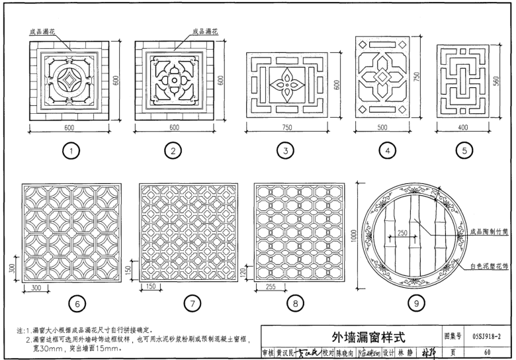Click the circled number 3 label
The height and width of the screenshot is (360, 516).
(285, 152)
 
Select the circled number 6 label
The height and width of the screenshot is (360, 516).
(78, 303)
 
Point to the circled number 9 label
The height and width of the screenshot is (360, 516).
(416, 303)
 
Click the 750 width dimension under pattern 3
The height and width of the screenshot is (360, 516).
(285, 127)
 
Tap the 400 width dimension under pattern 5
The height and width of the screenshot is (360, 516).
(464, 127)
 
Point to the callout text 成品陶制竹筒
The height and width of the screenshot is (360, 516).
(489, 232)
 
